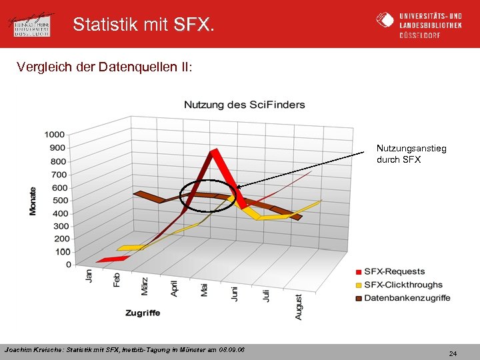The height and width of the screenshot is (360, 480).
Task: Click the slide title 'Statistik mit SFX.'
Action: [x=144, y=25]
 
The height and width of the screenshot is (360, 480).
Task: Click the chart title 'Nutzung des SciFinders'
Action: [x=244, y=105]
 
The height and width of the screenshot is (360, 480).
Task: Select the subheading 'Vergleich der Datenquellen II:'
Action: [x=105, y=67]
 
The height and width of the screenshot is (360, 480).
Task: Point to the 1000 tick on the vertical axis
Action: [x=55, y=135]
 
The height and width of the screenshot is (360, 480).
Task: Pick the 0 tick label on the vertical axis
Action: [x=68, y=265]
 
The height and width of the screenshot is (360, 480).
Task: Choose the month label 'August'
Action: [x=298, y=307]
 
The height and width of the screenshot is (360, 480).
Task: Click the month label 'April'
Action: [x=175, y=287]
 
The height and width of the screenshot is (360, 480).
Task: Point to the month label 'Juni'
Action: [x=235, y=294]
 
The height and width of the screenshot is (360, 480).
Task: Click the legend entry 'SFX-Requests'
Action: [x=393, y=271]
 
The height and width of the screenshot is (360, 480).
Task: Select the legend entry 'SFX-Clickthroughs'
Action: [x=402, y=285]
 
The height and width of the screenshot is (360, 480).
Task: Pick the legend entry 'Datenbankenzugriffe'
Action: [x=406, y=298]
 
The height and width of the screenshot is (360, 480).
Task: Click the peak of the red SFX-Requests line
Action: [x=214, y=152]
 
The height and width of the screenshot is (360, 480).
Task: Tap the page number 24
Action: [x=453, y=353]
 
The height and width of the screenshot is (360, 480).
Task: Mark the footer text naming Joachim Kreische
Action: [x=125, y=349]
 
